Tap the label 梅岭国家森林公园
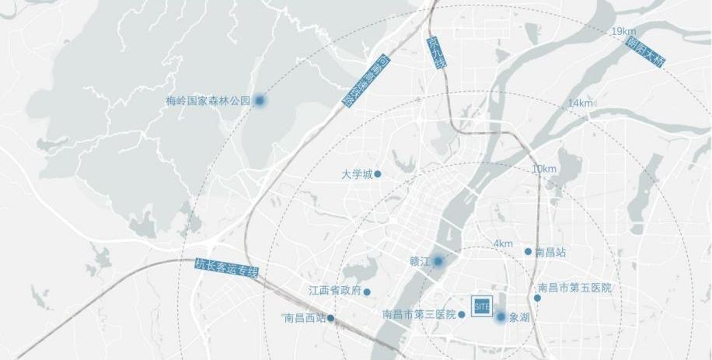point(208,101)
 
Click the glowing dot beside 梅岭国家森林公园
point(260,100)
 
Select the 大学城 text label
point(357,174)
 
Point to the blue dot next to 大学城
point(378,174)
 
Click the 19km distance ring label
point(623,31)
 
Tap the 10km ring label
point(544,169)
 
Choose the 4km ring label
point(503,244)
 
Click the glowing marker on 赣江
point(438,261)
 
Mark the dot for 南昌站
point(528,251)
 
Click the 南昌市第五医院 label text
point(575,288)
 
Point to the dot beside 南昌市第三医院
point(462,315)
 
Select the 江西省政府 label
point(335,292)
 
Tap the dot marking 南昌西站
point(331,318)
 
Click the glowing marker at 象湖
point(501,316)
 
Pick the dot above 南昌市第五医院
point(537,298)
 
